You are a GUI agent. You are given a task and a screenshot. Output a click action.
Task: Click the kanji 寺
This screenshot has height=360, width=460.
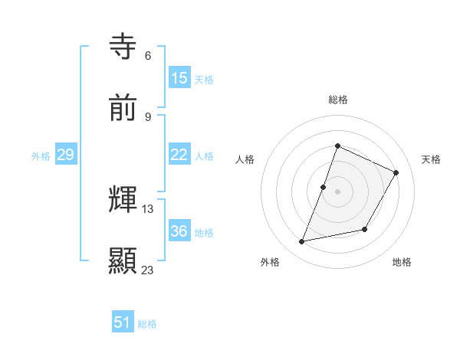coord(123,47)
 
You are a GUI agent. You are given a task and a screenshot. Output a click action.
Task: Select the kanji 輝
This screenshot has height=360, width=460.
coord(123,200)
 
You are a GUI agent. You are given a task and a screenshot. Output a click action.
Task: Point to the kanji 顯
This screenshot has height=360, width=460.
coord(123,261)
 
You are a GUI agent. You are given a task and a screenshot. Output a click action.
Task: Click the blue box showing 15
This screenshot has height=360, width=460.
coord(179,78)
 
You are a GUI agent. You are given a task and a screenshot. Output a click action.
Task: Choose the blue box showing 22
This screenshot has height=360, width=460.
coord(179,155)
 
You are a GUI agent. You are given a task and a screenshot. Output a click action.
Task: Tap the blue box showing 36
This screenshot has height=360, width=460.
coord(179,231)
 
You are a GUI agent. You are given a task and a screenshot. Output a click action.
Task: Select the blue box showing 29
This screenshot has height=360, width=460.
coord(65,155)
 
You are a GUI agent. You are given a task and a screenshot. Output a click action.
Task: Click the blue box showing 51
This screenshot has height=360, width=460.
coord(123,322)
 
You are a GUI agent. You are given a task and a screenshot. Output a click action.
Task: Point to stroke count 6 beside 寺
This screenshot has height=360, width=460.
coord(148,56)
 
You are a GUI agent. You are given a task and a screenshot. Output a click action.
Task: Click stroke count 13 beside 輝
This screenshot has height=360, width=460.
coord(148,209)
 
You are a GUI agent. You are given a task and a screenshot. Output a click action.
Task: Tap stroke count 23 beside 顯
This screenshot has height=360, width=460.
coord(148,270)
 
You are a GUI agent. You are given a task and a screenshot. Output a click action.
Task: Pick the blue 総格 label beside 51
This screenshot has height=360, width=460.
coord(147,324)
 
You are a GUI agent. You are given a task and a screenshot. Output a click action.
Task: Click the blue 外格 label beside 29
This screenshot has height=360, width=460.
coord(41,156)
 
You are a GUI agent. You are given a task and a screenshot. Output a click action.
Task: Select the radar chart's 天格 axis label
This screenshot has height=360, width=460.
coord(431,159)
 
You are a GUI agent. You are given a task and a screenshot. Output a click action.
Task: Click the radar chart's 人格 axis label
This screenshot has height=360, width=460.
coord(245,159)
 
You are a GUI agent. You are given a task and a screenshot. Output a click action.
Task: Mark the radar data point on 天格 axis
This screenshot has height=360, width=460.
coord(396,172)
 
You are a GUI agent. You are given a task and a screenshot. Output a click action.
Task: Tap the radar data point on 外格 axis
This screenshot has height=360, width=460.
coord(302,241)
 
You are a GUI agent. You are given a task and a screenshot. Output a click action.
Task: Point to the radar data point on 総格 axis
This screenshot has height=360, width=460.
coord(337,146)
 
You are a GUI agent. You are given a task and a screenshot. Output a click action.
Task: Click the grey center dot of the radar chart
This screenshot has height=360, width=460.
coord(337,191)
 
